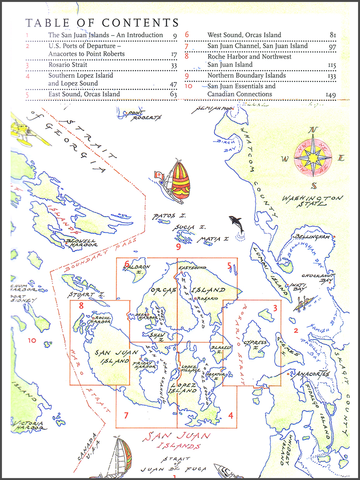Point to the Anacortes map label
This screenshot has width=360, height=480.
pyautogui.click(x=313, y=374)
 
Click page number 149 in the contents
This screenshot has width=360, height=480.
pyautogui.click(x=330, y=95)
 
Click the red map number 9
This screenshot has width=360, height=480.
pyautogui.click(x=178, y=246)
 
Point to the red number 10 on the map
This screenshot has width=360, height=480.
pyautogui.click(x=31, y=340)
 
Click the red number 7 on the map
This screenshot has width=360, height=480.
pyautogui.click(x=126, y=415)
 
